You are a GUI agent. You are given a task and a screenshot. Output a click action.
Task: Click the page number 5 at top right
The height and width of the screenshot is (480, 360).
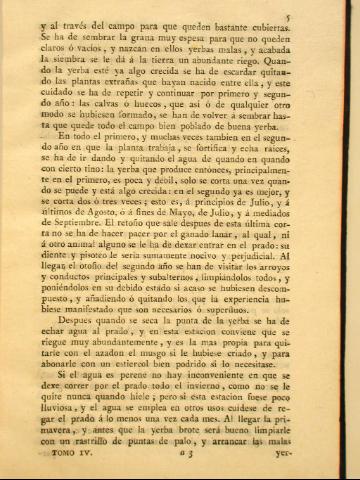coord(314,17)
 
